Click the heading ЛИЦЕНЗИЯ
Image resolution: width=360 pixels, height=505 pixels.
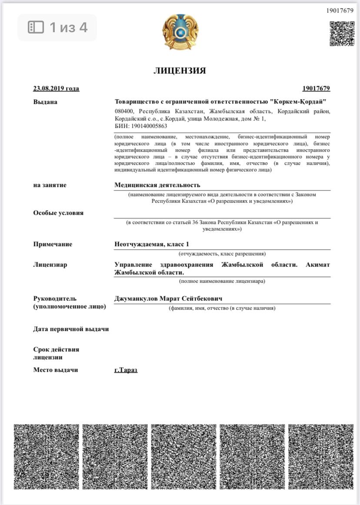click(x=180, y=70)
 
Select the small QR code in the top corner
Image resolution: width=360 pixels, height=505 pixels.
click(x=342, y=33)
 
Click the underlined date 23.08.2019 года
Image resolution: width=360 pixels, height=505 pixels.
click(x=56, y=88)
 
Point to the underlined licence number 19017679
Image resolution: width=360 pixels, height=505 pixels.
click(x=316, y=88)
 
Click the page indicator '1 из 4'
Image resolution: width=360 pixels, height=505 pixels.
click(x=57, y=27)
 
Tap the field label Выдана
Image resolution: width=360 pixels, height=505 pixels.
click(x=45, y=102)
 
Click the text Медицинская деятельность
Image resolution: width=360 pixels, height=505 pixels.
click(x=157, y=185)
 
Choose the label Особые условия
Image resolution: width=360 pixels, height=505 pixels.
click(x=58, y=213)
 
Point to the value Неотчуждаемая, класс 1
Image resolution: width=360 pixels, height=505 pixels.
click(x=152, y=244)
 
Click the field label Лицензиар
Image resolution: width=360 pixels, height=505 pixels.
click(x=50, y=264)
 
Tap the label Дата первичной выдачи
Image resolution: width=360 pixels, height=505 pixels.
click(x=71, y=329)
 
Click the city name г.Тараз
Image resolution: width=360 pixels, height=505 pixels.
click(x=126, y=370)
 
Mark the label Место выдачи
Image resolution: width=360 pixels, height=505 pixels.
click(x=55, y=370)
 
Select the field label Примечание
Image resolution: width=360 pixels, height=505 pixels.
click(x=53, y=244)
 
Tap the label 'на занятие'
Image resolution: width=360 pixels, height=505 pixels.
click(x=50, y=185)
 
